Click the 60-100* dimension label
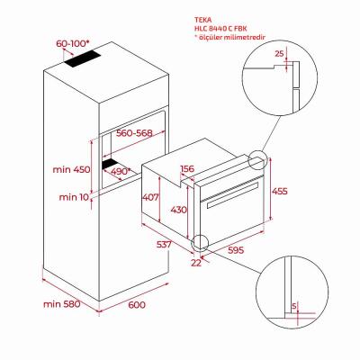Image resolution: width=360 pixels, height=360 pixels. point(73,43)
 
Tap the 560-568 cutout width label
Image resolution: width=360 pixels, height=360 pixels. point(134,133)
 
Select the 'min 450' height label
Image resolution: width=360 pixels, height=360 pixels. point(71,169)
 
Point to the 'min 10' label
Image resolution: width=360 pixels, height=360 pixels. point(74,197)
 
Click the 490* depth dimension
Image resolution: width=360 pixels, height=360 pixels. point(121,171)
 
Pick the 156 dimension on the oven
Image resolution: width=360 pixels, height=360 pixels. point(187,169)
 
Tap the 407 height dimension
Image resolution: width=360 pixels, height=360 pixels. point(150,197)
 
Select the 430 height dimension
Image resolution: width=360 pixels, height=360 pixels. point(179,210)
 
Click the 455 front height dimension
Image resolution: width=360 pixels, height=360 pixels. point(279,191)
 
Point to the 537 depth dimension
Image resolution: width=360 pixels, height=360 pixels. point(164,244)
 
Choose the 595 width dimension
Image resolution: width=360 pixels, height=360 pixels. point(236,250)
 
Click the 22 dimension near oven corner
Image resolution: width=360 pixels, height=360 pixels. point(196,263)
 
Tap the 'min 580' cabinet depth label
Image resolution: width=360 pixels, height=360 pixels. point(62,304)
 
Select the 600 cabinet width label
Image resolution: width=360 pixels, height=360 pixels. point(137,305)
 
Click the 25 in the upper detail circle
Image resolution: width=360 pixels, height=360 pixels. point(279,54)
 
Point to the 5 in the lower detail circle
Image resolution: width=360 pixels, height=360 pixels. point(294,306)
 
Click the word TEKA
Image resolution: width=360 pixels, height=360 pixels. point(203,20)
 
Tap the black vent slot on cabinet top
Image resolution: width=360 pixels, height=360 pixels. point(82,58)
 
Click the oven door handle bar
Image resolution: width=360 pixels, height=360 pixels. point(232,194)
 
